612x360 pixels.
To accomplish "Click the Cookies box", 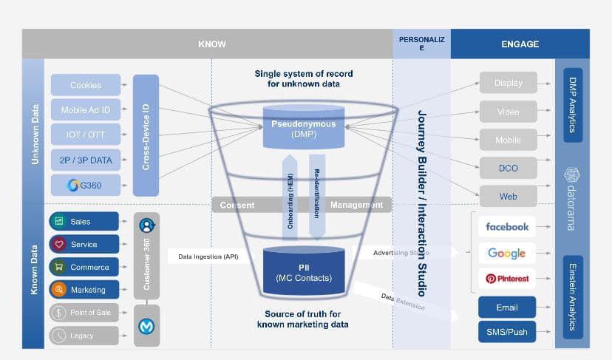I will click(85, 85).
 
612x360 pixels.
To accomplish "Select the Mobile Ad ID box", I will click(85, 110).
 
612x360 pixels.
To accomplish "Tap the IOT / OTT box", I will click(85, 135).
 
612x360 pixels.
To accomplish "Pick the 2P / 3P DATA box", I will click(85, 160).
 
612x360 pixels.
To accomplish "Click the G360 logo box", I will click(85, 185).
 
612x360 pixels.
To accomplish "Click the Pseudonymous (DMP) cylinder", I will click(303, 127).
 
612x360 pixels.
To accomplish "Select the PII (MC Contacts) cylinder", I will click(304, 271).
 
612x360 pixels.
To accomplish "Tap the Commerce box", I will click(84, 267).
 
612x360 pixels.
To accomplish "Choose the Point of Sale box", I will click(84, 313).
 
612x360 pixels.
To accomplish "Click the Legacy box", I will click(84, 336).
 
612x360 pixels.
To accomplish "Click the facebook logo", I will click(506, 226).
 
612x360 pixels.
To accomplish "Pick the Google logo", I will click(506, 253).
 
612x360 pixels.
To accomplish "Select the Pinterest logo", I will click(506, 279).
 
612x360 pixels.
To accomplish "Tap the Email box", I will click(506, 308).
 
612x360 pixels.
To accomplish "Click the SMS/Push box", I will click(506, 332).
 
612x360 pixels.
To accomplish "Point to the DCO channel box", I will click(508, 168).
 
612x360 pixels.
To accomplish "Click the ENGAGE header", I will click(520, 44).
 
